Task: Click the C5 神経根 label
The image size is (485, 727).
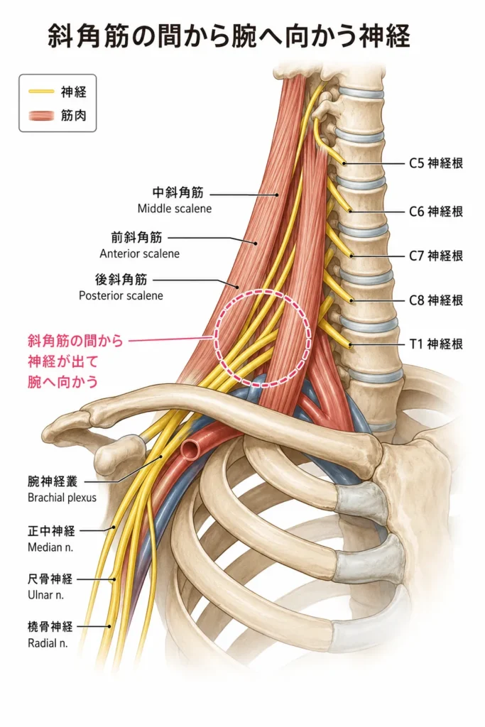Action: point(435,163)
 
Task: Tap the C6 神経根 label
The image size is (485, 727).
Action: point(435,212)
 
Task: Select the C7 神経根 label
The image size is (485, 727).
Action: point(435,256)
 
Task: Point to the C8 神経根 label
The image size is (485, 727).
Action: point(435,300)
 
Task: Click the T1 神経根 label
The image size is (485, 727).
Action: point(435,344)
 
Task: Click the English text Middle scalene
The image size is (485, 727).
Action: point(175,209)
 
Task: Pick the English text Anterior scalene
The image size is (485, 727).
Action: point(140,253)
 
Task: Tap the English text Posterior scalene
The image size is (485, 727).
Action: point(121,296)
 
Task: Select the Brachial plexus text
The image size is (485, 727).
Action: point(62,498)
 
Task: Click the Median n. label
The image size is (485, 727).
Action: point(50,547)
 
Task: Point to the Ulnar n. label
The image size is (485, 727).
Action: point(46,595)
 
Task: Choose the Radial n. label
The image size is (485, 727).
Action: point(48,643)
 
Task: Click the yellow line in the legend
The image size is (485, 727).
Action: point(41,92)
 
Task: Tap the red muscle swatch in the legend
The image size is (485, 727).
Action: point(41,116)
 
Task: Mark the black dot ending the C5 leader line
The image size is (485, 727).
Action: point(344,163)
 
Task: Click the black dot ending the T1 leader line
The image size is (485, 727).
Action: point(351,345)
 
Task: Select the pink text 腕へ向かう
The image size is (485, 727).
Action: point(63,381)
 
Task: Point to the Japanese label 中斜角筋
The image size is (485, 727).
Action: point(178,192)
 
